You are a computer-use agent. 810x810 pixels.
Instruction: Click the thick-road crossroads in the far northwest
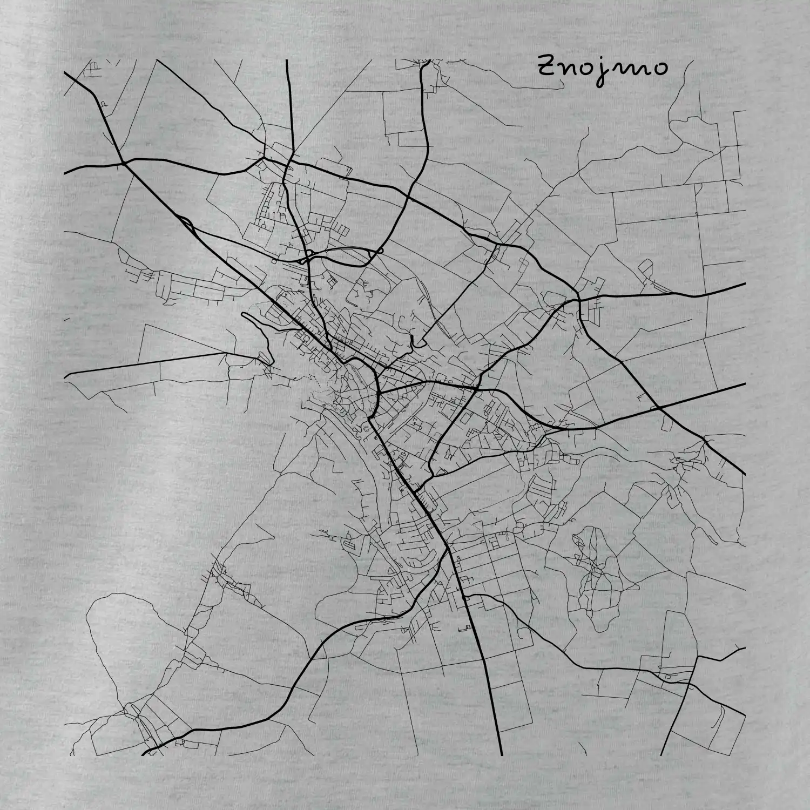point(124,161)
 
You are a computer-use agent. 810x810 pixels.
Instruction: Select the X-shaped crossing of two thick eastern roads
point(659,407)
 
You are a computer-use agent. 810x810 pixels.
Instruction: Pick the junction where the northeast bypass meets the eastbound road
point(579,298)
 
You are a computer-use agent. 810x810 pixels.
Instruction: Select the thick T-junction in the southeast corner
point(697,658)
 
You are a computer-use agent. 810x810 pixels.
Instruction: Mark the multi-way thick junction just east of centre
point(478,388)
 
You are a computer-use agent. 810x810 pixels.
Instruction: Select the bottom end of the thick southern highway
point(501,754)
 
